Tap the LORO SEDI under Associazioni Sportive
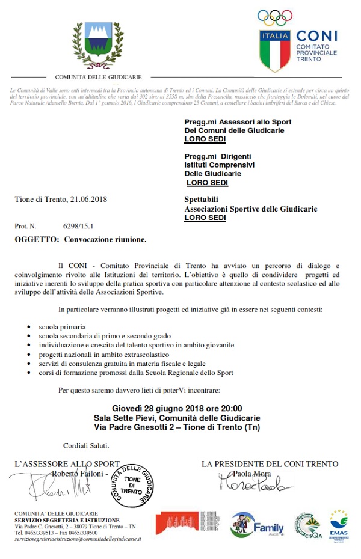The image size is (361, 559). point(205,218)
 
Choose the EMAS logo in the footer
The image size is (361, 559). point(338,525)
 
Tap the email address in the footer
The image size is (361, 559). point(78,539)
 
